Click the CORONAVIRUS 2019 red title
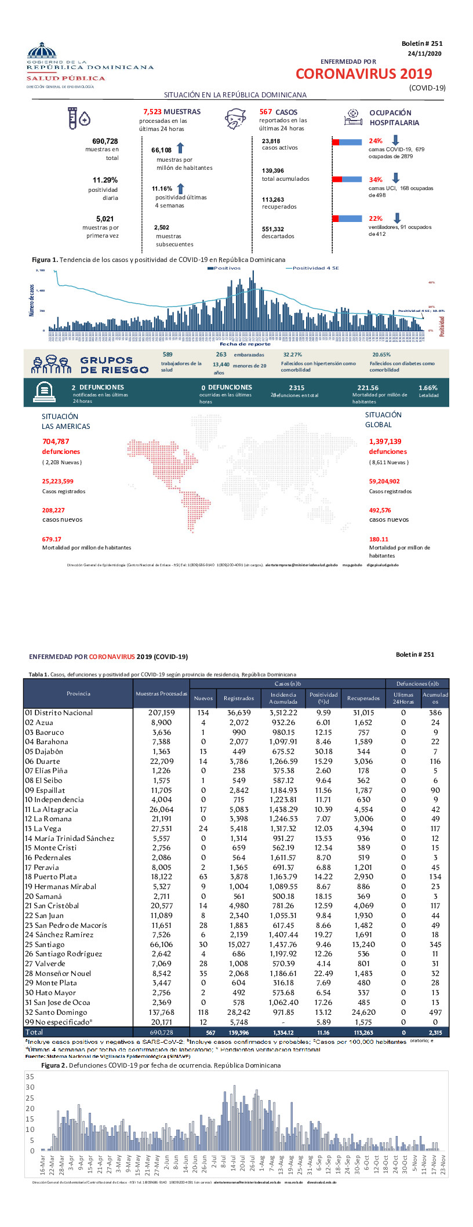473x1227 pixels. (x=363, y=74)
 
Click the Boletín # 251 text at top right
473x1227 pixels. (x=421, y=43)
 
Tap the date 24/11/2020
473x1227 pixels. (x=424, y=53)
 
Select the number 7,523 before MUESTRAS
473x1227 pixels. (x=152, y=112)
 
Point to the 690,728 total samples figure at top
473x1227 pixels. (x=105, y=141)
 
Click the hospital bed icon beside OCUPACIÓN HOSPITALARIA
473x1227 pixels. (x=353, y=118)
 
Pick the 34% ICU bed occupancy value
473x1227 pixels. (x=375, y=180)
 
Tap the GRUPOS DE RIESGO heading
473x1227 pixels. (x=114, y=365)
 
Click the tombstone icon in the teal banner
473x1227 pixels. (x=45, y=392)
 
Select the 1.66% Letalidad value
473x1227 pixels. (x=428, y=388)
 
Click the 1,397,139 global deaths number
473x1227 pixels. (x=385, y=442)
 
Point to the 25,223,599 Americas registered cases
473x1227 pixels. (x=57, y=481)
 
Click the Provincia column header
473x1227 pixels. (x=78, y=694)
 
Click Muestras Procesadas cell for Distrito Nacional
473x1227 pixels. (x=161, y=713)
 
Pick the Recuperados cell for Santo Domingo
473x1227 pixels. (x=363, y=1013)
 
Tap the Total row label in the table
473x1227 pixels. (x=34, y=1032)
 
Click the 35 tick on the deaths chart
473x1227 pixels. (x=30, y=1076)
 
